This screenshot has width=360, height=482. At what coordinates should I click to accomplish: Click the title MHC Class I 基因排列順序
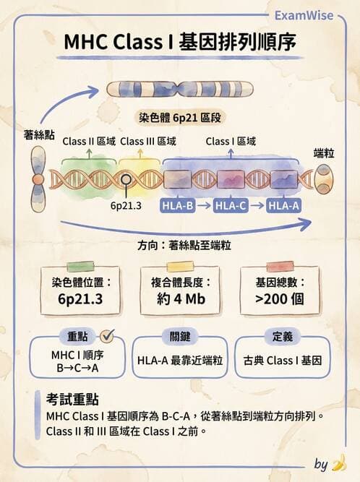179,43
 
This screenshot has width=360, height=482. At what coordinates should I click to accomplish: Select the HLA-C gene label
231,207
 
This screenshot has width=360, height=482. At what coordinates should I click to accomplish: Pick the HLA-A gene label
283,207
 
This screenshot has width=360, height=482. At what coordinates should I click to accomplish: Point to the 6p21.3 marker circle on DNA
127,179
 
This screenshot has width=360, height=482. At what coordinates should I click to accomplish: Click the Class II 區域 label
89,142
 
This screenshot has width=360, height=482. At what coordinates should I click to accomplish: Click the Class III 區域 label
148,142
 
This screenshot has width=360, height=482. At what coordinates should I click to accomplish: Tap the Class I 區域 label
231,142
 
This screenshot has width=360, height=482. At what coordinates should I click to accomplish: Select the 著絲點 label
39,135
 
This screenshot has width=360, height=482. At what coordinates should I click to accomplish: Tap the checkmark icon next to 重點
108,336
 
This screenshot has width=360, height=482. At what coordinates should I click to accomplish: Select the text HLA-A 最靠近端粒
179,359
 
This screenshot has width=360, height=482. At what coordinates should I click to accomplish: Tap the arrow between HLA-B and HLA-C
205,207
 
